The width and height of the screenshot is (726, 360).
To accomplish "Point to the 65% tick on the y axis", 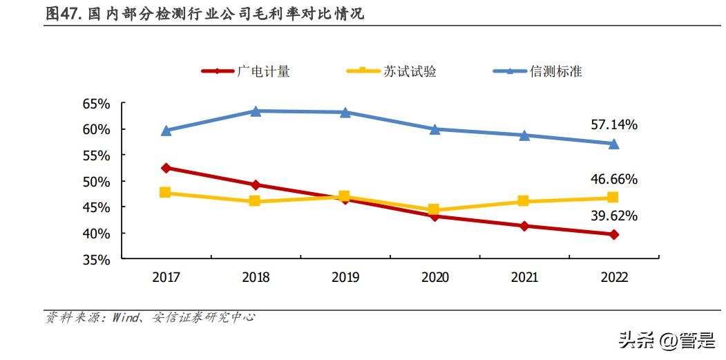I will (97, 104).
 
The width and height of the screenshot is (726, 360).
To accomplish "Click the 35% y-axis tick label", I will (97, 260).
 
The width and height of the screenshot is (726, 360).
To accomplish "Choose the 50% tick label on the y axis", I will (97, 182).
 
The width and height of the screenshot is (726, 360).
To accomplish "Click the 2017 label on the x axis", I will (166, 278).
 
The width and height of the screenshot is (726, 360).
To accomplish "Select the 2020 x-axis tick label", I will (434, 278).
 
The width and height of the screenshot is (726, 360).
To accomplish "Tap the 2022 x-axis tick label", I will (613, 278).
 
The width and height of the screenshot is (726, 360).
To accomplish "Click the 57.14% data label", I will (613, 125).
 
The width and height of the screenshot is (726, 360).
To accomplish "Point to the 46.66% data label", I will (613, 180).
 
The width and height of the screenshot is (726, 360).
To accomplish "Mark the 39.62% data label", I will (613, 216).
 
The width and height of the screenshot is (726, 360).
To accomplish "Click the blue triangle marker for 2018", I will (255, 111).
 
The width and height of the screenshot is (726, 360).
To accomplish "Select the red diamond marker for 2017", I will (166, 168).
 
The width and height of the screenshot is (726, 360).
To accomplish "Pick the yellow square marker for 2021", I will (524, 201).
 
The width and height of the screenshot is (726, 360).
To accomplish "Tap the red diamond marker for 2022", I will (613, 234).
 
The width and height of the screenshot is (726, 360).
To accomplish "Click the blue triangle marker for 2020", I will (434, 129).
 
